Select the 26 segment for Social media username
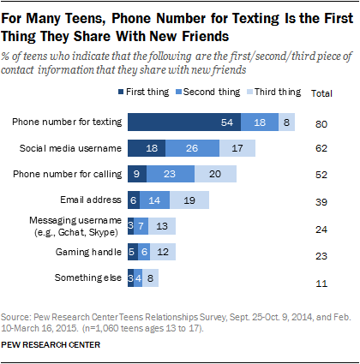tap(190, 149)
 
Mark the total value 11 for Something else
tap(321, 279)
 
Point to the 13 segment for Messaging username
tap(164, 227)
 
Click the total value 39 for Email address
tap(321, 201)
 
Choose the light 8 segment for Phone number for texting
tap(286, 122)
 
